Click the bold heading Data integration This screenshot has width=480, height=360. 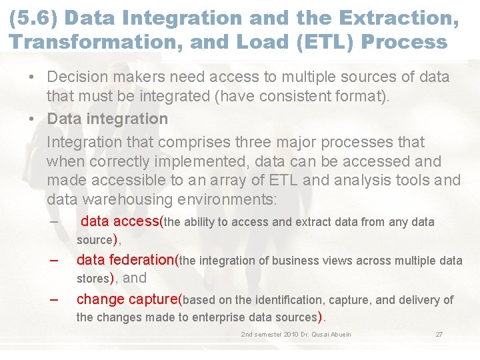tap(107, 119)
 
